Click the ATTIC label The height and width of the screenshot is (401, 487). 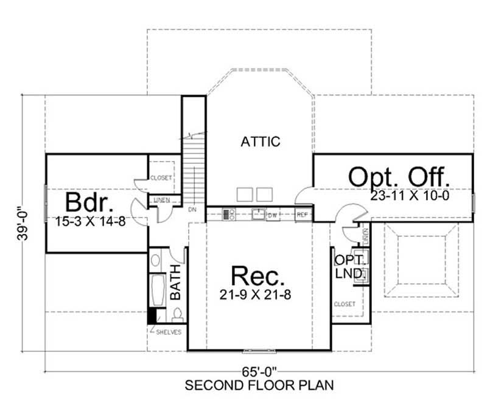(x=260, y=142)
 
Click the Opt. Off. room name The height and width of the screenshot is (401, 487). (x=401, y=177)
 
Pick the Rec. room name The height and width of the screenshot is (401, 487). (x=259, y=277)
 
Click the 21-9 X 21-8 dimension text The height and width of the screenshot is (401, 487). (x=259, y=296)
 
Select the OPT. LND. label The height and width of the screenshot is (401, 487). (x=348, y=267)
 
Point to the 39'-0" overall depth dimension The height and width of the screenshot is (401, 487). (x=20, y=224)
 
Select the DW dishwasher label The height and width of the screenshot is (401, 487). (x=274, y=214)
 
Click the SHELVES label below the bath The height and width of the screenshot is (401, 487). (x=169, y=332)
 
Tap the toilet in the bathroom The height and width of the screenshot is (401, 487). (x=178, y=315)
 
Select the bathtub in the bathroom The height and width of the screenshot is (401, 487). (x=157, y=290)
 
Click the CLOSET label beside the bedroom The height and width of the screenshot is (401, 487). (x=161, y=178)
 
